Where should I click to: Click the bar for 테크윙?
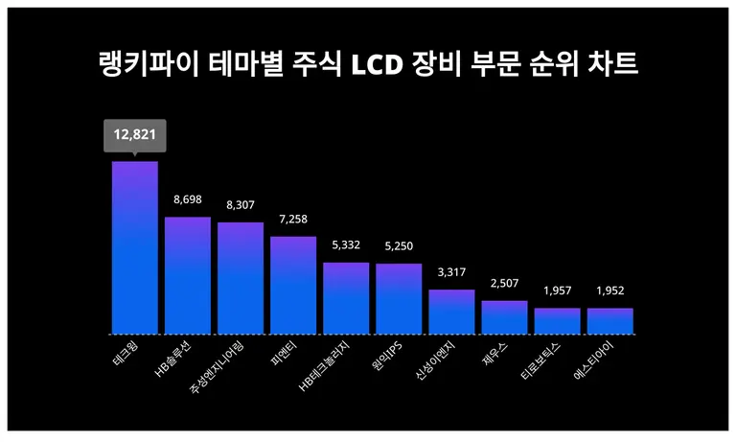click(x=135, y=247)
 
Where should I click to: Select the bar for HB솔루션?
click(x=188, y=275)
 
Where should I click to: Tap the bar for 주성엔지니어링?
click(x=241, y=278)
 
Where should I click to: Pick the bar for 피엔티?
click(x=293, y=285)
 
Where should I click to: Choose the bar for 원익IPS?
click(x=399, y=298)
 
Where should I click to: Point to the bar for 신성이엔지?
click(x=451, y=312)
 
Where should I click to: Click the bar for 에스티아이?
click(x=609, y=321)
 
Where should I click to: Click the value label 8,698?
click(x=188, y=199)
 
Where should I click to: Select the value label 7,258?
click(x=293, y=220)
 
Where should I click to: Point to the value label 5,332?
click(x=346, y=245)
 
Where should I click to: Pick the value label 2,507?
click(x=504, y=283)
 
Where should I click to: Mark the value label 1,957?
click(x=557, y=291)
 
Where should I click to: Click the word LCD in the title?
click(x=382, y=66)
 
